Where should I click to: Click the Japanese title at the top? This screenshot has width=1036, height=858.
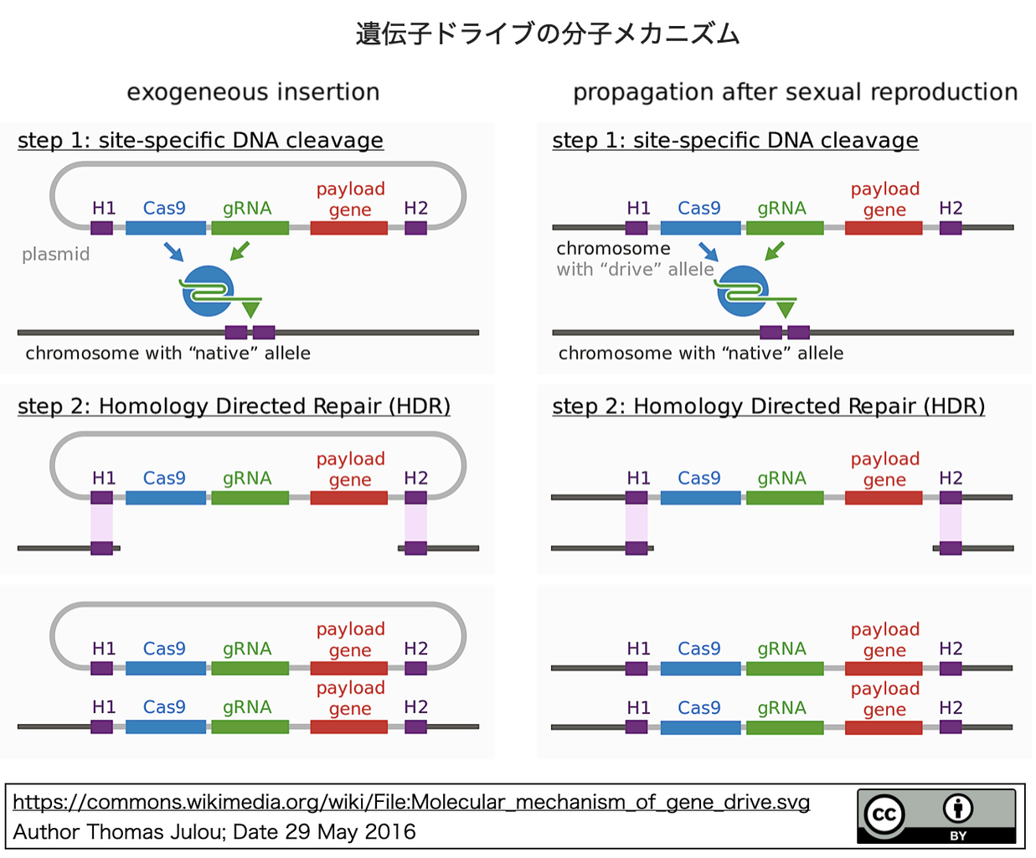548,34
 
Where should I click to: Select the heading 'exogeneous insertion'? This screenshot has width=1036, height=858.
253,91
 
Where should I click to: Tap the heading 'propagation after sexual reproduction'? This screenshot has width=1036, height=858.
795,91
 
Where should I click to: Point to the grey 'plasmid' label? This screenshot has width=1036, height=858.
55,254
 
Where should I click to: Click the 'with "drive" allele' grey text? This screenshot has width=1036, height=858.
635,269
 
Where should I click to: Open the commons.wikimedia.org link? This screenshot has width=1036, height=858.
411,802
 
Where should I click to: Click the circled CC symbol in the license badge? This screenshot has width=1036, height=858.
884,814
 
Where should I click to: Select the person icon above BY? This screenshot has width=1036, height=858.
957,809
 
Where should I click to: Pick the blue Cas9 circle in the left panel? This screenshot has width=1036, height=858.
206,290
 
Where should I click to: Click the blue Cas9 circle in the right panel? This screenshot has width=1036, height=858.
740,290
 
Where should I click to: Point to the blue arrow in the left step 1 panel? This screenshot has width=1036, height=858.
173,251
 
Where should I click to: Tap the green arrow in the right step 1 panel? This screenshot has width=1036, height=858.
775,251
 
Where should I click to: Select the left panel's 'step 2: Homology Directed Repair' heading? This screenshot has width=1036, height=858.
234,406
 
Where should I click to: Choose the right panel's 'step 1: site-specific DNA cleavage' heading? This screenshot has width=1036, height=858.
734,140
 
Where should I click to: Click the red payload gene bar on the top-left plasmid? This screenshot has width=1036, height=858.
348,228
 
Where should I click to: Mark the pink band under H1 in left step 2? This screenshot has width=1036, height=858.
101,523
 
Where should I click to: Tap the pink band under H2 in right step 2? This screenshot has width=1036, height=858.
950,523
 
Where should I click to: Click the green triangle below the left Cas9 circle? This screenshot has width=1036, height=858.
250,309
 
